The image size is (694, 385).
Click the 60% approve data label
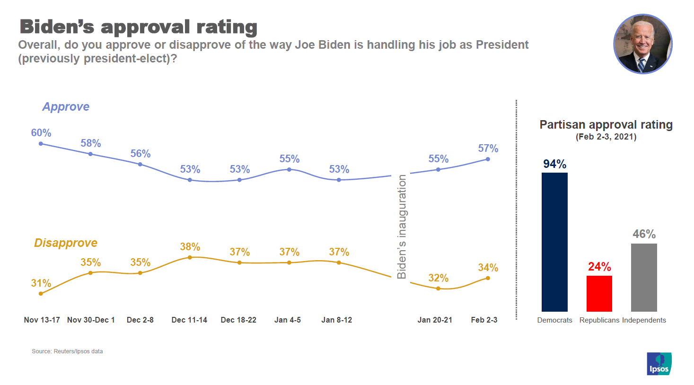[41, 133]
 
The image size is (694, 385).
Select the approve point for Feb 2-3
[488, 159]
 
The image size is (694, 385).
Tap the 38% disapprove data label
[190, 247]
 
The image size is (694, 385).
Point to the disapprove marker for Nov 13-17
[41, 294]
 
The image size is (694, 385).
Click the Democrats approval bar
[554, 242]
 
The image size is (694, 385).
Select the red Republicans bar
[599, 294]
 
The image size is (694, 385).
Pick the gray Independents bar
[644, 277]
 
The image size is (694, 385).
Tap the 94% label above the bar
[554, 164]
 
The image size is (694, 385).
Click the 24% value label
[599, 267]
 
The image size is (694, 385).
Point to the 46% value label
[644, 234]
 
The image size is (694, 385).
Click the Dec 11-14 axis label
[189, 320]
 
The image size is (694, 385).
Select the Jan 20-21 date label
[435, 320]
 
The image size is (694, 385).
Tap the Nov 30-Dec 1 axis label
[91, 320]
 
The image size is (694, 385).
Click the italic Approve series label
[66, 107]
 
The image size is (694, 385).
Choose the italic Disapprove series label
[66, 243]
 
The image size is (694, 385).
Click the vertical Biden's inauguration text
[402, 227]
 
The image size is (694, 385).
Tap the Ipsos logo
[659, 364]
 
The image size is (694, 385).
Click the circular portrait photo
[642, 44]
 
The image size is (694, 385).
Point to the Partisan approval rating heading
[606, 125]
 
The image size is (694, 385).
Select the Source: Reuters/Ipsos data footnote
[67, 351]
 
